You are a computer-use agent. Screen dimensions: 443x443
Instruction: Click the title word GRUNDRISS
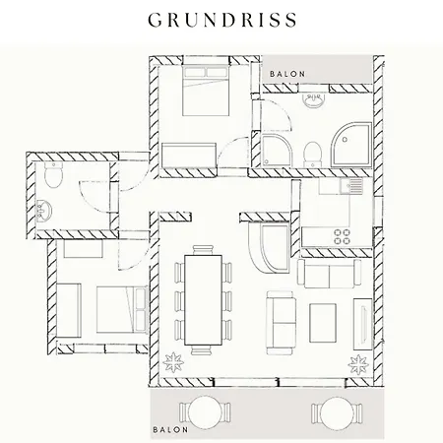pyautogui.click(x=222, y=20)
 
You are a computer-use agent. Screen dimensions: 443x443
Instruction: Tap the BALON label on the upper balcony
pyautogui.click(x=287, y=74)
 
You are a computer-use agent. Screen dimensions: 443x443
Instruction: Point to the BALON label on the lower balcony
pyautogui.click(x=170, y=429)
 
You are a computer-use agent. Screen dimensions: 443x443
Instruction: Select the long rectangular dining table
pyautogui.click(x=203, y=300)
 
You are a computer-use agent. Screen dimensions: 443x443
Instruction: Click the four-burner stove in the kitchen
pyautogui.click(x=342, y=237)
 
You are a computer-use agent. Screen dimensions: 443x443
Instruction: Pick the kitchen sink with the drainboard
pyautogui.click(x=351, y=186)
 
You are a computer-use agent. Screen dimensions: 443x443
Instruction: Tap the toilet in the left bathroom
pyautogui.click(x=53, y=175)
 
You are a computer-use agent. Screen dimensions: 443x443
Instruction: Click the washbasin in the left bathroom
pyautogui.click(x=43, y=211)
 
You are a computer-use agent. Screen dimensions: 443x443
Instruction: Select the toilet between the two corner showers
pyautogui.click(x=312, y=155)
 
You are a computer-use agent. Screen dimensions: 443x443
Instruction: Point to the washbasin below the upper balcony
pyautogui.click(x=314, y=99)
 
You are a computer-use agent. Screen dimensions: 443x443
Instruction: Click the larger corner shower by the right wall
pyautogui.click(x=351, y=145)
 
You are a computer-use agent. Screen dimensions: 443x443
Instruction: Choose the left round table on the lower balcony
pyautogui.click(x=205, y=412)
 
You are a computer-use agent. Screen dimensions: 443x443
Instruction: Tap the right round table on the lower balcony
pyautogui.click(x=337, y=412)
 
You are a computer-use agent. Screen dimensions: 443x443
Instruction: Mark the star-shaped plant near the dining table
pyautogui.click(x=173, y=362)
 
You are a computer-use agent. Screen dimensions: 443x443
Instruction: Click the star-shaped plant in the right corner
pyautogui.click(x=358, y=364)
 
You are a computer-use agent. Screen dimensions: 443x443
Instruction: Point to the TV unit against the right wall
pyautogui.click(x=362, y=324)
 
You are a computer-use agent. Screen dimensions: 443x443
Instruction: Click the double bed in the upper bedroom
pyautogui.click(x=206, y=91)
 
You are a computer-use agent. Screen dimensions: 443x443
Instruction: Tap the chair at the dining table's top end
pyautogui.click(x=204, y=250)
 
